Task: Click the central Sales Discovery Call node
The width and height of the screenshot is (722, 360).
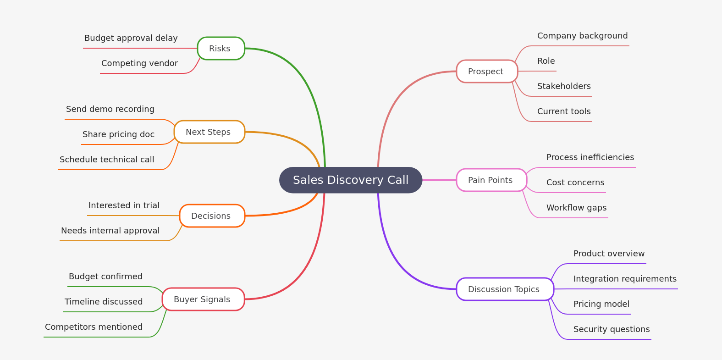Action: pyautogui.click(x=351, y=180)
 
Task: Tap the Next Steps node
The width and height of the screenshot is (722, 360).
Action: pyautogui.click(x=209, y=132)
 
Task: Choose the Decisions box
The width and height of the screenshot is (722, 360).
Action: pyautogui.click(x=212, y=216)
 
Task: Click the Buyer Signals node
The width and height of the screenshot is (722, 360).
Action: pyautogui.click(x=203, y=299)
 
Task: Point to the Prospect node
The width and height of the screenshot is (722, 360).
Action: pyautogui.click(x=486, y=71)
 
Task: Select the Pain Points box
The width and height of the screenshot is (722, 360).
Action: pyautogui.click(x=491, y=180)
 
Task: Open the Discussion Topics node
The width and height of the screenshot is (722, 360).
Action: pyautogui.click(x=504, y=289)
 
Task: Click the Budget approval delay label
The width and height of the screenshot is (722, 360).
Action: pyautogui.click(x=131, y=38)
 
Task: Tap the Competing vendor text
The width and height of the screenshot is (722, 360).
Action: pyautogui.click(x=139, y=63)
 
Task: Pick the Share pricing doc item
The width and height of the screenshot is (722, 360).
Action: pyautogui.click(x=118, y=134)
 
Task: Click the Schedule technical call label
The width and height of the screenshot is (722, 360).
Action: pyautogui.click(x=107, y=160)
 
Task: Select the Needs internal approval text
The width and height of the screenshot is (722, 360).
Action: pyautogui.click(x=110, y=231)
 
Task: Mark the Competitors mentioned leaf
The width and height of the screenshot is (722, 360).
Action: pyautogui.click(x=94, y=327)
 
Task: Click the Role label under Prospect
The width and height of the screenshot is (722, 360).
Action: pyautogui.click(x=546, y=61)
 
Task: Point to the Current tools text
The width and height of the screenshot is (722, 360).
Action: pyautogui.click(x=564, y=111)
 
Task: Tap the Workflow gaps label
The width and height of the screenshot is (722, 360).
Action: pyautogui.click(x=576, y=208)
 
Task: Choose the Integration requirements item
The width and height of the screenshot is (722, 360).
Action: pyautogui.click(x=625, y=279)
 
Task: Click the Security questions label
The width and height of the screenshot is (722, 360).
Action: pyautogui.click(x=612, y=329)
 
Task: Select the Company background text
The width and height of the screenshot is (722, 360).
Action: pyautogui.click(x=582, y=36)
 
